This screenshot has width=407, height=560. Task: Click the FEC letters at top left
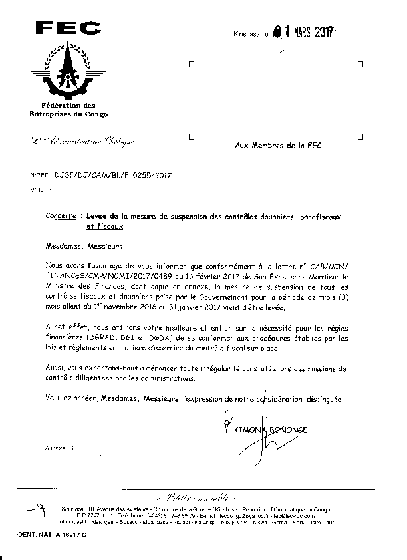[x=68, y=28]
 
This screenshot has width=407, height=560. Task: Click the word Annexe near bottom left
[x=56, y=449]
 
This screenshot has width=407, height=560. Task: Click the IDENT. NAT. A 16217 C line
[x=49, y=535]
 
